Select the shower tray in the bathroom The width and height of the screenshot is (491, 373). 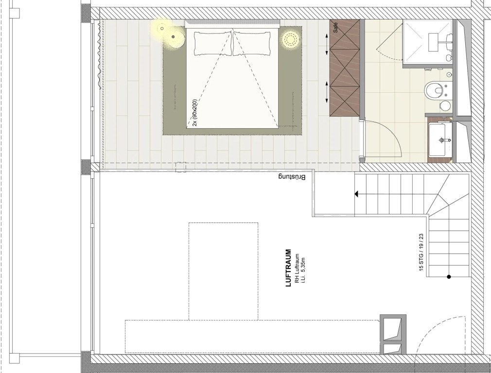click(428, 42)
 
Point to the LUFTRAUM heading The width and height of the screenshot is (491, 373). click(289, 268)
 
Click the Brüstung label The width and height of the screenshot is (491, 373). click(292, 177)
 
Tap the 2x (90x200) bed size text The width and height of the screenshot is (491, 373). click(195, 113)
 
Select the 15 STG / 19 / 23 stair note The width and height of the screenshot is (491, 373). click(421, 252)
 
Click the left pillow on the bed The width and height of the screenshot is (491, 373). click(213, 44)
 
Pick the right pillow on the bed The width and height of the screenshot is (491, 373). click(251, 44)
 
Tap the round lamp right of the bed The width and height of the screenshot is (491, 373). click(291, 39)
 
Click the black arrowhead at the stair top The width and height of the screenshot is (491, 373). click(356, 194)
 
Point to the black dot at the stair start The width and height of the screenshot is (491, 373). click(449, 277)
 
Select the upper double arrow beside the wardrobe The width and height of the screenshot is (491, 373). click(327, 40)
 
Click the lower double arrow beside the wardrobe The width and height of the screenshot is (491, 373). click(327, 92)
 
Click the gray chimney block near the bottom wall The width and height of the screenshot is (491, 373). click(393, 335)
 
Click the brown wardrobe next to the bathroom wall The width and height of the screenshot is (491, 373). click(345, 68)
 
